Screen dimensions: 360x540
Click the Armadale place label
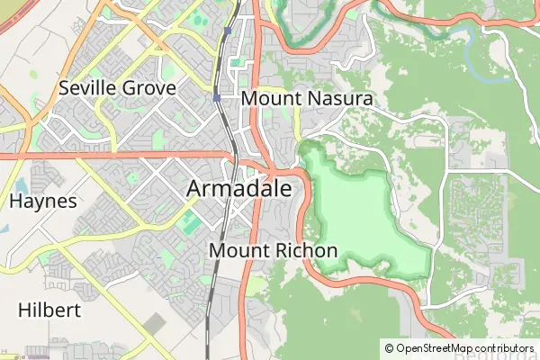click(x=239, y=189)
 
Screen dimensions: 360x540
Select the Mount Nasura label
click(x=308, y=97)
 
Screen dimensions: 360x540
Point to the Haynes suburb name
click(x=43, y=201)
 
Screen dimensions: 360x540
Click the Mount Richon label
click(x=273, y=250)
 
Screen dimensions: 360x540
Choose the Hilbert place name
click(x=49, y=310)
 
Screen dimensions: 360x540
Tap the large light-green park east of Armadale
click(x=360, y=211)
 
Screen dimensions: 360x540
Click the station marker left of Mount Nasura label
click(x=217, y=96)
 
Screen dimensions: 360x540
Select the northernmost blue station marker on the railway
click(x=228, y=31)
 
